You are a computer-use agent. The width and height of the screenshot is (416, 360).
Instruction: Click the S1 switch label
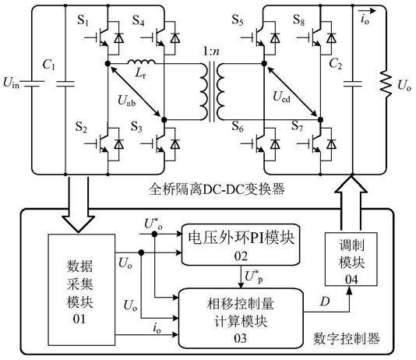point(83,20)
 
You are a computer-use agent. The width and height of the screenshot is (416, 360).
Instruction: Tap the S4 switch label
point(139,20)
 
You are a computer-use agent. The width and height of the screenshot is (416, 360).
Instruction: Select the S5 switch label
point(238,19)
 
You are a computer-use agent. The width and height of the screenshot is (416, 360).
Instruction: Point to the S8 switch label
point(298,19)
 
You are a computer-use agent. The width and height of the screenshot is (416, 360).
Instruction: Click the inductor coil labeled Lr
point(142,62)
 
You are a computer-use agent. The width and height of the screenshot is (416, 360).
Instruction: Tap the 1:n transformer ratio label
point(211,51)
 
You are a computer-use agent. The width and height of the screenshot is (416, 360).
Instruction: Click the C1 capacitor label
point(49,65)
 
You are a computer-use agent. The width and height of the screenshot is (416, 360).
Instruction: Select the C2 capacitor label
point(335,64)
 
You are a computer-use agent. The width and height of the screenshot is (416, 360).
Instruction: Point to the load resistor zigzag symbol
point(386,83)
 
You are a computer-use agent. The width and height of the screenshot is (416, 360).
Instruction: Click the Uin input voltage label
point(12,83)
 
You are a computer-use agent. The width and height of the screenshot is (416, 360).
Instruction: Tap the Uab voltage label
point(126,101)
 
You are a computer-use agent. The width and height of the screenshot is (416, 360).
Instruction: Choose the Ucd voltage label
point(281,97)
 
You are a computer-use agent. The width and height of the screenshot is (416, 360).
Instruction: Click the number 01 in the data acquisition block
point(79,319)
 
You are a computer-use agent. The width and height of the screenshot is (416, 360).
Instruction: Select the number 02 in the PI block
point(241,256)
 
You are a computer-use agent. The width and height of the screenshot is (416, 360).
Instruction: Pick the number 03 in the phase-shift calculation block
point(241,338)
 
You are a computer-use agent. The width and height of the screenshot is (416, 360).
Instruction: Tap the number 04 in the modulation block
point(351,280)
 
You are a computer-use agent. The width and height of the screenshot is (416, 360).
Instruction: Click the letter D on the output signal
point(325,302)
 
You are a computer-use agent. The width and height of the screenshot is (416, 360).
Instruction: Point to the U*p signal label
point(254,277)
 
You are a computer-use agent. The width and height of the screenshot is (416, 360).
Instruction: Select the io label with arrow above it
point(365,16)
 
